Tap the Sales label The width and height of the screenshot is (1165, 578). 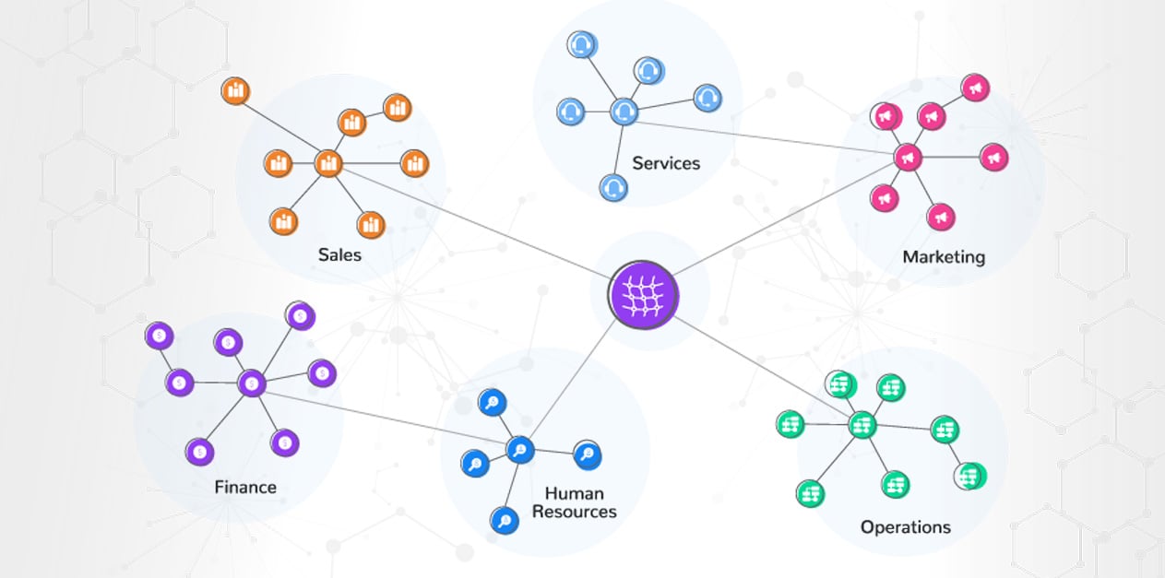click(339, 254)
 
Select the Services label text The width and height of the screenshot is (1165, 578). click(666, 163)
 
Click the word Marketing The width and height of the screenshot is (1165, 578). click(944, 256)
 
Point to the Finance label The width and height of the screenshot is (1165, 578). click(245, 486)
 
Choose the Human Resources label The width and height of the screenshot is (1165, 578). click(574, 502)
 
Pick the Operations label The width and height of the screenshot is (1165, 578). click(905, 526)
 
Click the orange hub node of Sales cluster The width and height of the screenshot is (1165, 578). click(328, 164)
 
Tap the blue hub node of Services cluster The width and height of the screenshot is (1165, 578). click(624, 112)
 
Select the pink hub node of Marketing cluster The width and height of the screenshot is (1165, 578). click(908, 157)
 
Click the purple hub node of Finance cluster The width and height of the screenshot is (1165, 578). click(251, 383)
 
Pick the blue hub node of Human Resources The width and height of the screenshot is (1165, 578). click(520, 450)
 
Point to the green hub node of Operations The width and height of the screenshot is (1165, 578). click(862, 425)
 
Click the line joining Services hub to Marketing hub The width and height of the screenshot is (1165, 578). click(766, 134)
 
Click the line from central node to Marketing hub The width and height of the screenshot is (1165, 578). click(784, 222)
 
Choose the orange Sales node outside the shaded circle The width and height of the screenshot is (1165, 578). click(236, 91)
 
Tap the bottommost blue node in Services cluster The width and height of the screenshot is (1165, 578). click(613, 187)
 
